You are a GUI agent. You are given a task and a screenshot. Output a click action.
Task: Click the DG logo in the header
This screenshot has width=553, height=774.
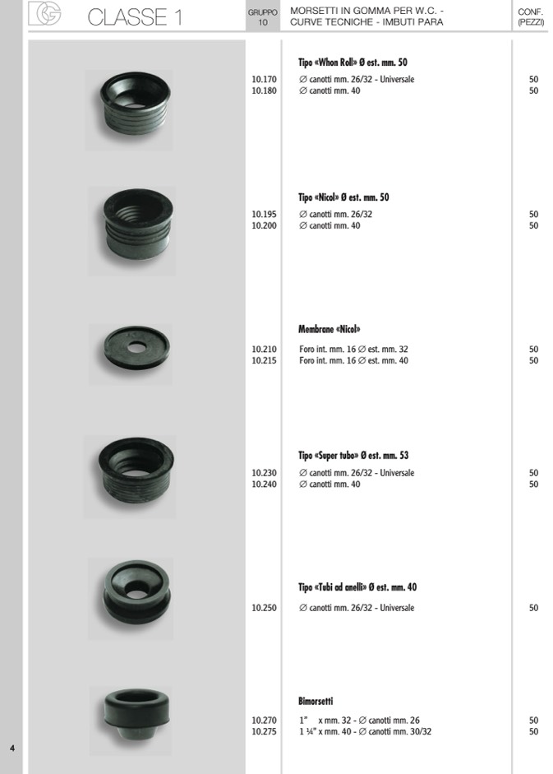(x=44, y=13)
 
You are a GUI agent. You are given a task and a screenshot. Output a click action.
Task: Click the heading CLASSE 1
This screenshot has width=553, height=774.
(x=135, y=17)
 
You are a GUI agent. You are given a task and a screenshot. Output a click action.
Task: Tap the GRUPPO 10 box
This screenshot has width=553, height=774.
(x=262, y=16)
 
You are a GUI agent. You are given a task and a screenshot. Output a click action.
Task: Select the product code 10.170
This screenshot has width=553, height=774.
(x=264, y=79)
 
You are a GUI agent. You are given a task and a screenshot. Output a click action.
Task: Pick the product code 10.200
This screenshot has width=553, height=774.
(x=264, y=225)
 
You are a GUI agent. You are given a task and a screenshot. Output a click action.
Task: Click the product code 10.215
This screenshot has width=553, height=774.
(x=264, y=360)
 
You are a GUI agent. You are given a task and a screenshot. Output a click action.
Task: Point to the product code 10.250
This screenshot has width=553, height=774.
(x=264, y=608)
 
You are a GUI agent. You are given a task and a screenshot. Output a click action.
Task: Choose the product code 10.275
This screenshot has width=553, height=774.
(x=264, y=731)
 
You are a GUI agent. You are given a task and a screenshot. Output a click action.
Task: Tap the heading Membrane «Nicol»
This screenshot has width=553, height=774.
(x=329, y=329)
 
